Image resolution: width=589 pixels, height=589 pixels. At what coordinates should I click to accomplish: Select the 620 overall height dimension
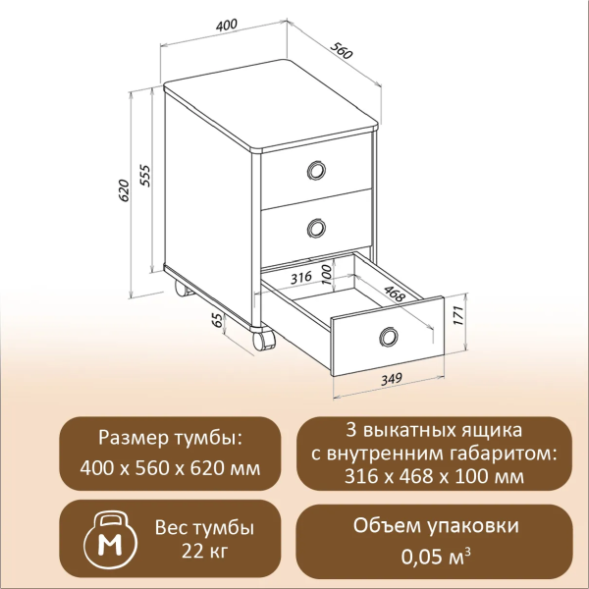[x=124, y=190]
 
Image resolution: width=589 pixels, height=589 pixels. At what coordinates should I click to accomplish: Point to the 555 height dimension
[x=144, y=175]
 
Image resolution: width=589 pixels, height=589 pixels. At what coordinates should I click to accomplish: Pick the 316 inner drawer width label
[x=300, y=277]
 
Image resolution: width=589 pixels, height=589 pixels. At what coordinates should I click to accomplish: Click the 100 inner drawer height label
[x=328, y=274]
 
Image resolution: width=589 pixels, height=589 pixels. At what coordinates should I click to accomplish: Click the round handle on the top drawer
[x=315, y=171]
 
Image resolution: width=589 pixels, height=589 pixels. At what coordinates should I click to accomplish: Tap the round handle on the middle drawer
[x=315, y=229]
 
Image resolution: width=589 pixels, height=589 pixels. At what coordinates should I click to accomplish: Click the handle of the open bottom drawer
[x=389, y=338]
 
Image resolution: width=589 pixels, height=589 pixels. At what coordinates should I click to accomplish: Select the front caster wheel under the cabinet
[x=262, y=339]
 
